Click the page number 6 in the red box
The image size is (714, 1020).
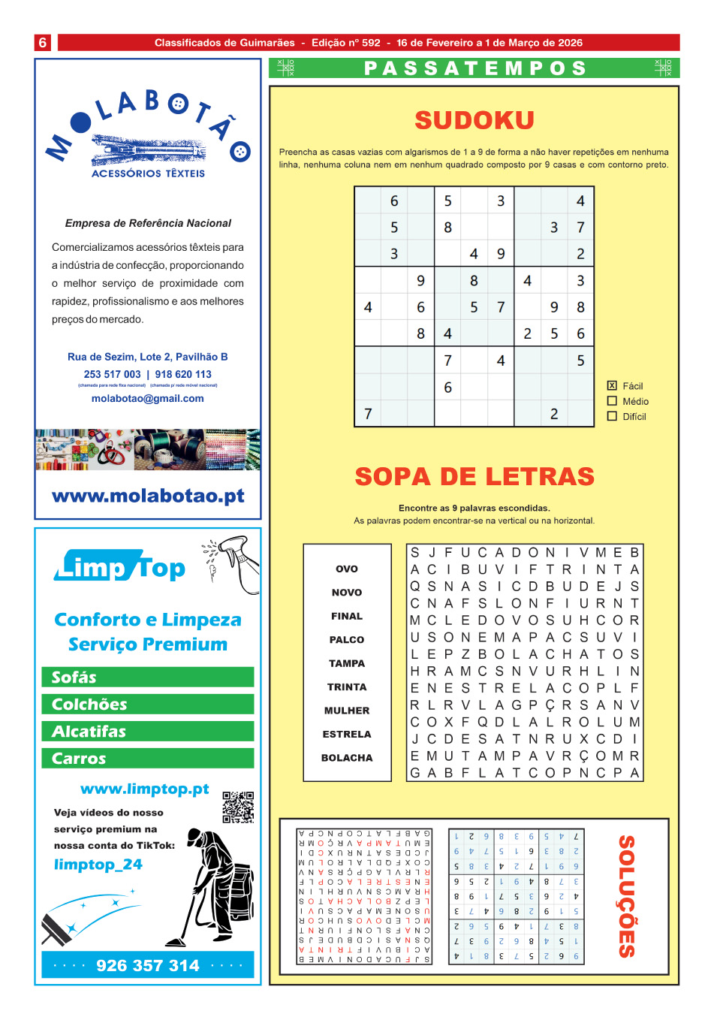coord(43,43)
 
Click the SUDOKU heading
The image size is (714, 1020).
coord(474,120)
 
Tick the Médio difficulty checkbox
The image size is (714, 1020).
coord(612,401)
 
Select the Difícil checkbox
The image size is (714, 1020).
coord(612,416)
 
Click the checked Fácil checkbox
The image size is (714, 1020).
coord(612,385)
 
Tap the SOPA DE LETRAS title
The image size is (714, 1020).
coord(474,476)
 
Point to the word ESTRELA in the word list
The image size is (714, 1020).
coord(347,734)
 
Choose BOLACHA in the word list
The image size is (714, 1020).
coord(347,758)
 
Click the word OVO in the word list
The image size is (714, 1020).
coord(347,569)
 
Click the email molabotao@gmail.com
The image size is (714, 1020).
coord(148,398)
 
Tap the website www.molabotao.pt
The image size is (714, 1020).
coord(148,496)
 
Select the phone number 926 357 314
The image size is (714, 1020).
coord(148,965)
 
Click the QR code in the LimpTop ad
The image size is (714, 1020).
coord(238,807)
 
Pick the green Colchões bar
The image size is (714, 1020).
coord(148,705)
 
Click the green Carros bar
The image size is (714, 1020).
coord(148,759)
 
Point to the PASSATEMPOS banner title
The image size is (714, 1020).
coord(474,68)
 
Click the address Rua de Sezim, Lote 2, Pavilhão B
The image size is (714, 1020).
coord(148,357)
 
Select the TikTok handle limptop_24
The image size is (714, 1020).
coord(98,865)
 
